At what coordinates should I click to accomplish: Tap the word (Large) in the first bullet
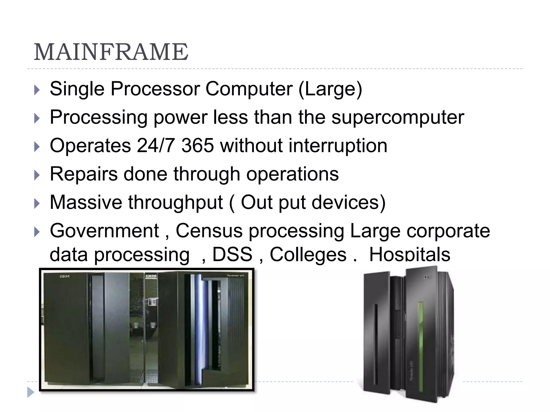tap(330, 89)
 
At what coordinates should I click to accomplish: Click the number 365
tap(198, 146)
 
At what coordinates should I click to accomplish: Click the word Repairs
tap(84, 174)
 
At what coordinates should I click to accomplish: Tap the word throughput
tap(175, 203)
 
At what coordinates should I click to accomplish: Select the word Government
tap(104, 231)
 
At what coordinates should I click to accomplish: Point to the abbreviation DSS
tap(232, 254)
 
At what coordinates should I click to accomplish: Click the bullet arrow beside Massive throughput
tap(37, 204)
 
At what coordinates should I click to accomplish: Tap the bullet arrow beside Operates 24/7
tap(37, 147)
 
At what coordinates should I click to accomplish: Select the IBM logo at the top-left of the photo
tap(64, 276)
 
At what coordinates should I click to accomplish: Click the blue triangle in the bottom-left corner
tap(31, 392)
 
